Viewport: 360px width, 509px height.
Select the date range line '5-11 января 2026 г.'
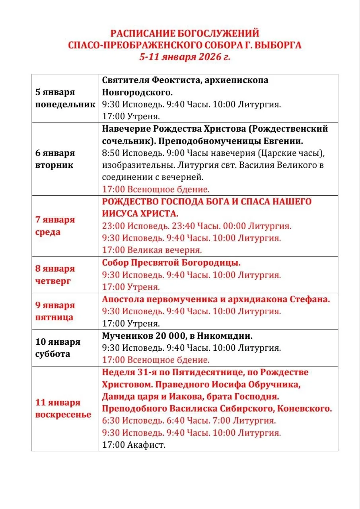tap(185, 56)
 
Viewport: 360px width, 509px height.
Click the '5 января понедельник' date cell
tap(65, 98)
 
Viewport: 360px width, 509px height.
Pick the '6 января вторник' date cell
tap(55, 159)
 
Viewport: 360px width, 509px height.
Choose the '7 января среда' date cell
tap(55, 226)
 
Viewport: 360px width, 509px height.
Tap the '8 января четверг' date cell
tap(55, 275)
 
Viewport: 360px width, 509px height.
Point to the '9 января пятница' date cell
tap(55, 311)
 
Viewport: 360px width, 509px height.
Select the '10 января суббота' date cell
tap(58, 348)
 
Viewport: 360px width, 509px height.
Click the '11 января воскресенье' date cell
tap(63, 409)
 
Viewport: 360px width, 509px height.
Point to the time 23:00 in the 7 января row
tap(113, 226)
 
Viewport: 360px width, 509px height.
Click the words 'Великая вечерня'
tap(165, 251)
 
